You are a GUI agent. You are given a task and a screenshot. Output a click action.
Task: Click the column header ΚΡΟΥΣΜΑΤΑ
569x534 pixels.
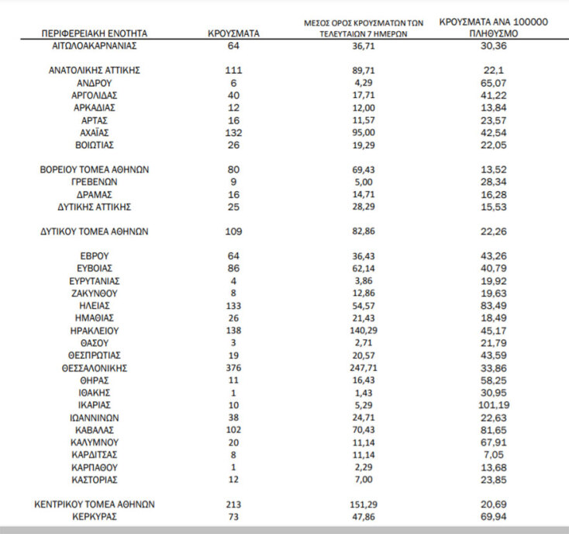[233, 34]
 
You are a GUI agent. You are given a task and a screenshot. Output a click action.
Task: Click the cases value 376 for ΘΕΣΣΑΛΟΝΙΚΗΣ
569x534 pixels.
[233, 368]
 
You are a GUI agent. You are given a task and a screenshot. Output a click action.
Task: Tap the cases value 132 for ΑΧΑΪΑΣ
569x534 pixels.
[233, 132]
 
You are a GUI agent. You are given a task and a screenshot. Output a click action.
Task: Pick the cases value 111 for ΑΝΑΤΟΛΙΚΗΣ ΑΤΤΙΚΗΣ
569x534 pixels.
[233, 70]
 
